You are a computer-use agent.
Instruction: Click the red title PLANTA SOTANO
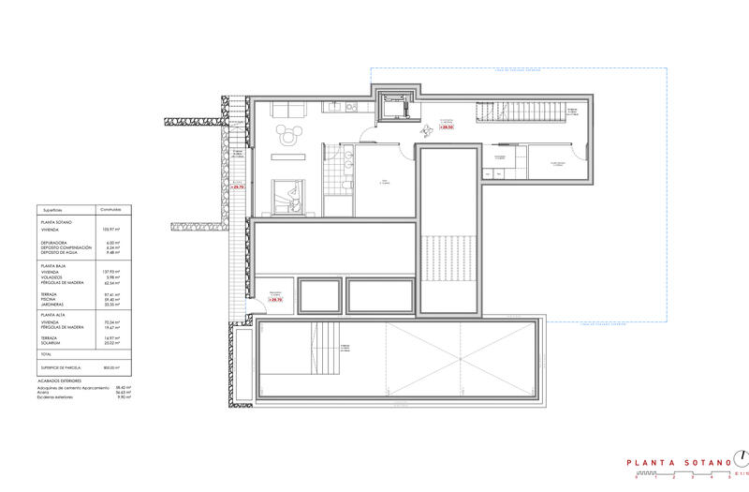(669, 461)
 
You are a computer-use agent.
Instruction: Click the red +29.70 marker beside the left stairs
(236, 187)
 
